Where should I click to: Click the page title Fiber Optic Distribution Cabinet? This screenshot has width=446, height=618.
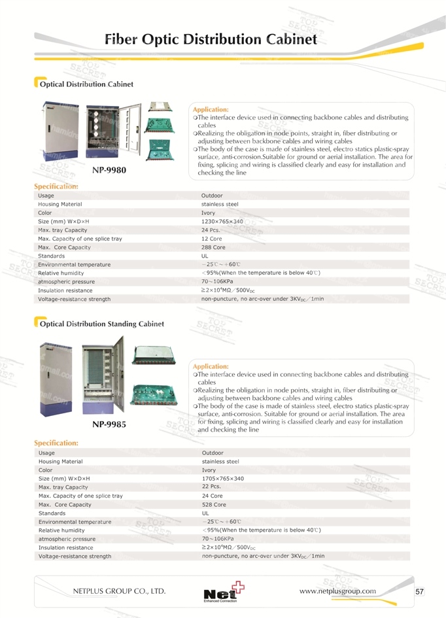211,39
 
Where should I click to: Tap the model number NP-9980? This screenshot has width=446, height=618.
109,170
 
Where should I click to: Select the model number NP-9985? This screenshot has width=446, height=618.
109,424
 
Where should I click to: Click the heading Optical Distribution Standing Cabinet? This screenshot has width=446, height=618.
101,324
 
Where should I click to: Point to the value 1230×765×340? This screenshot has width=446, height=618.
222,222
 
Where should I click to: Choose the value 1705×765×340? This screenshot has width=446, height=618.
223,479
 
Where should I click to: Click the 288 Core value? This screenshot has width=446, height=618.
213,248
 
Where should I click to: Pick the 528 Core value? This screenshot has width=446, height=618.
214,505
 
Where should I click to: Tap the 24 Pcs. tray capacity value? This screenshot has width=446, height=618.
211,230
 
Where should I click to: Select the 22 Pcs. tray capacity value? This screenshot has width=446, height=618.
211,487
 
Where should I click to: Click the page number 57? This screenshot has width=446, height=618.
420,592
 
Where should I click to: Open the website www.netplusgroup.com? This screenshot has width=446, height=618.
337,591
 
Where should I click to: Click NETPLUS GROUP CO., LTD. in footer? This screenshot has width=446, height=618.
119,591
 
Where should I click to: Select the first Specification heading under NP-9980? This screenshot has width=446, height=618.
56,187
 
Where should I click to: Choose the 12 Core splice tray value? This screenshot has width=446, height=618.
212,239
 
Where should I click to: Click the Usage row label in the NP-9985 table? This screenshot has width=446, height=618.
46,453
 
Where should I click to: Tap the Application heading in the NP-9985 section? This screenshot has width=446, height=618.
211,366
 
